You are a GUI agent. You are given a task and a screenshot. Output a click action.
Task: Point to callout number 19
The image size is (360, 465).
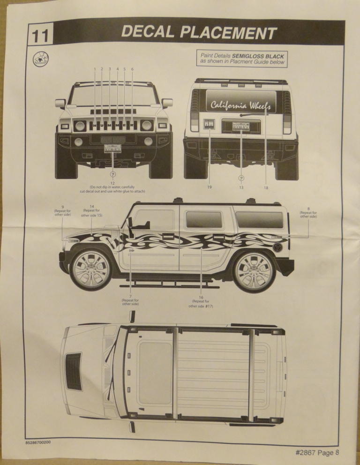click(x=209, y=187)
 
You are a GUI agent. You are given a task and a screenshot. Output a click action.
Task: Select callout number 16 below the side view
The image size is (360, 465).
click(x=201, y=297)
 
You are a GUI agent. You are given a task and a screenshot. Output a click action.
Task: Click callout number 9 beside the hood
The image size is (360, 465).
click(x=62, y=207)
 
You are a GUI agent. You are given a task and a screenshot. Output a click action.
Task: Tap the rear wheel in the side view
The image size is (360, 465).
click(x=255, y=271)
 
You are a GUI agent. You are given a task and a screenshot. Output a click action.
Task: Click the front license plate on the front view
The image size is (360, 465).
click(x=112, y=149)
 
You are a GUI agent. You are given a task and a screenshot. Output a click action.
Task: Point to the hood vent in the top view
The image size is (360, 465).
click(x=73, y=371)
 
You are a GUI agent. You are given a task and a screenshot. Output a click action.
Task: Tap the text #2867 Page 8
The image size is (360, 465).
click(x=317, y=452)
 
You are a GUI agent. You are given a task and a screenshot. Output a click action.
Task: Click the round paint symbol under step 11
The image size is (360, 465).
click(x=41, y=61)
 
